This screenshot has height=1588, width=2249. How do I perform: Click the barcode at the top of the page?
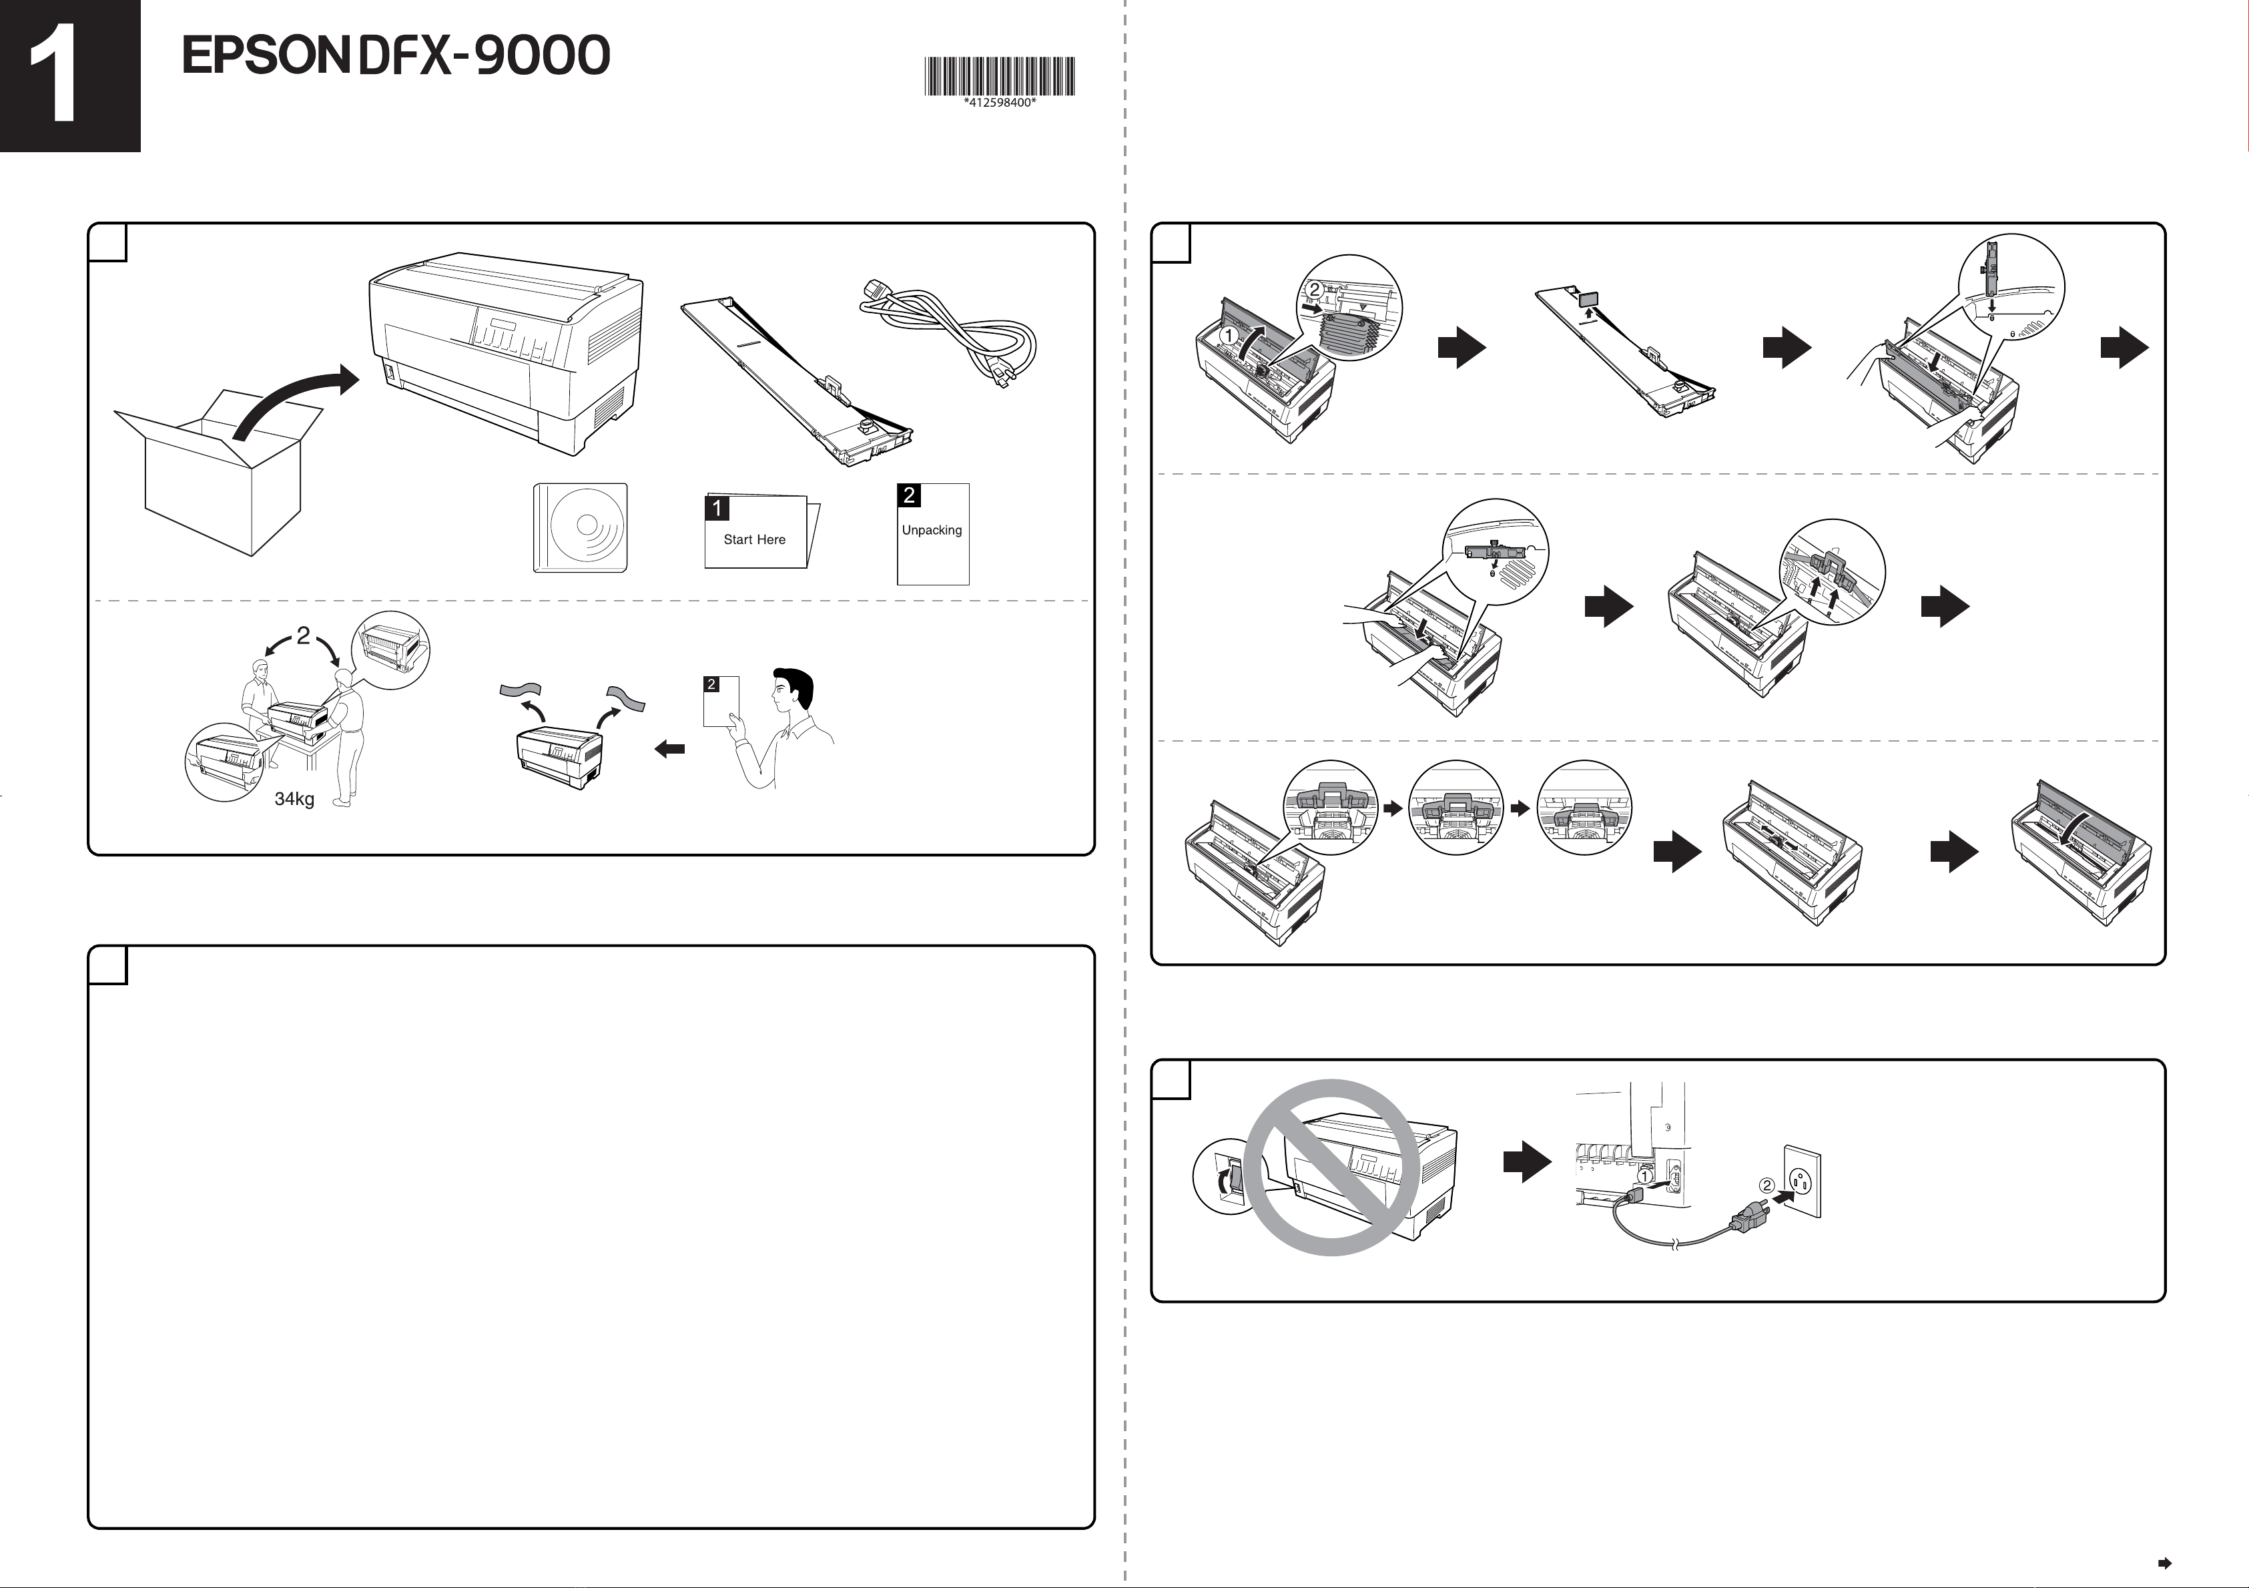[999, 75]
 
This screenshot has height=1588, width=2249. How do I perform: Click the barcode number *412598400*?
[999, 103]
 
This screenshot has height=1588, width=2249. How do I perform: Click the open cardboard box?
[220, 475]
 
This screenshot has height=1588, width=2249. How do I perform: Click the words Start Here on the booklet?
[754, 540]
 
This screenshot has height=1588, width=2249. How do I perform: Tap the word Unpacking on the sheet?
[932, 530]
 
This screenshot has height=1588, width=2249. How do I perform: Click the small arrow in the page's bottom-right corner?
[2165, 1563]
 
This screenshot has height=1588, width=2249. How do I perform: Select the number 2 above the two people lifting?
[303, 635]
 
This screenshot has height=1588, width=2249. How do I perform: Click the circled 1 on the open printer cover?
[1229, 335]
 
